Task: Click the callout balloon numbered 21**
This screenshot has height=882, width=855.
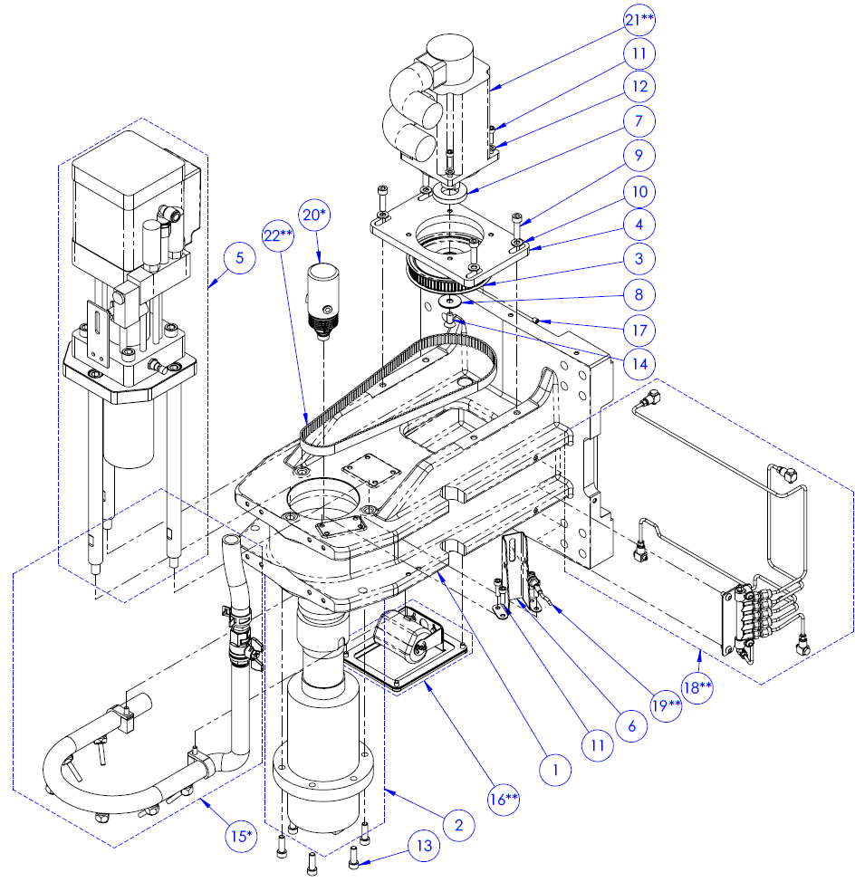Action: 639,19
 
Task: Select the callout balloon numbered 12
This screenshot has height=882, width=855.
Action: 639,87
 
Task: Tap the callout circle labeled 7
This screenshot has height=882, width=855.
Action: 639,121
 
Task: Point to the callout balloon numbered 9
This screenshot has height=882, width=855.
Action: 639,156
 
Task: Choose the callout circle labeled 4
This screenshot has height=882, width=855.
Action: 639,223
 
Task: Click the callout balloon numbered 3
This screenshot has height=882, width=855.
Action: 639,258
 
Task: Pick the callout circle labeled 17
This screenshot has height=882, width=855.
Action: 639,326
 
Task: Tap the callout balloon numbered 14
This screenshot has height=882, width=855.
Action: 639,360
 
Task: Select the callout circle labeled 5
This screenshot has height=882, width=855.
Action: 238,259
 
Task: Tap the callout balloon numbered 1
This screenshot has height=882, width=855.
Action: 556,770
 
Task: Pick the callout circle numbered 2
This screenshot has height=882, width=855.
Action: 458,824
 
